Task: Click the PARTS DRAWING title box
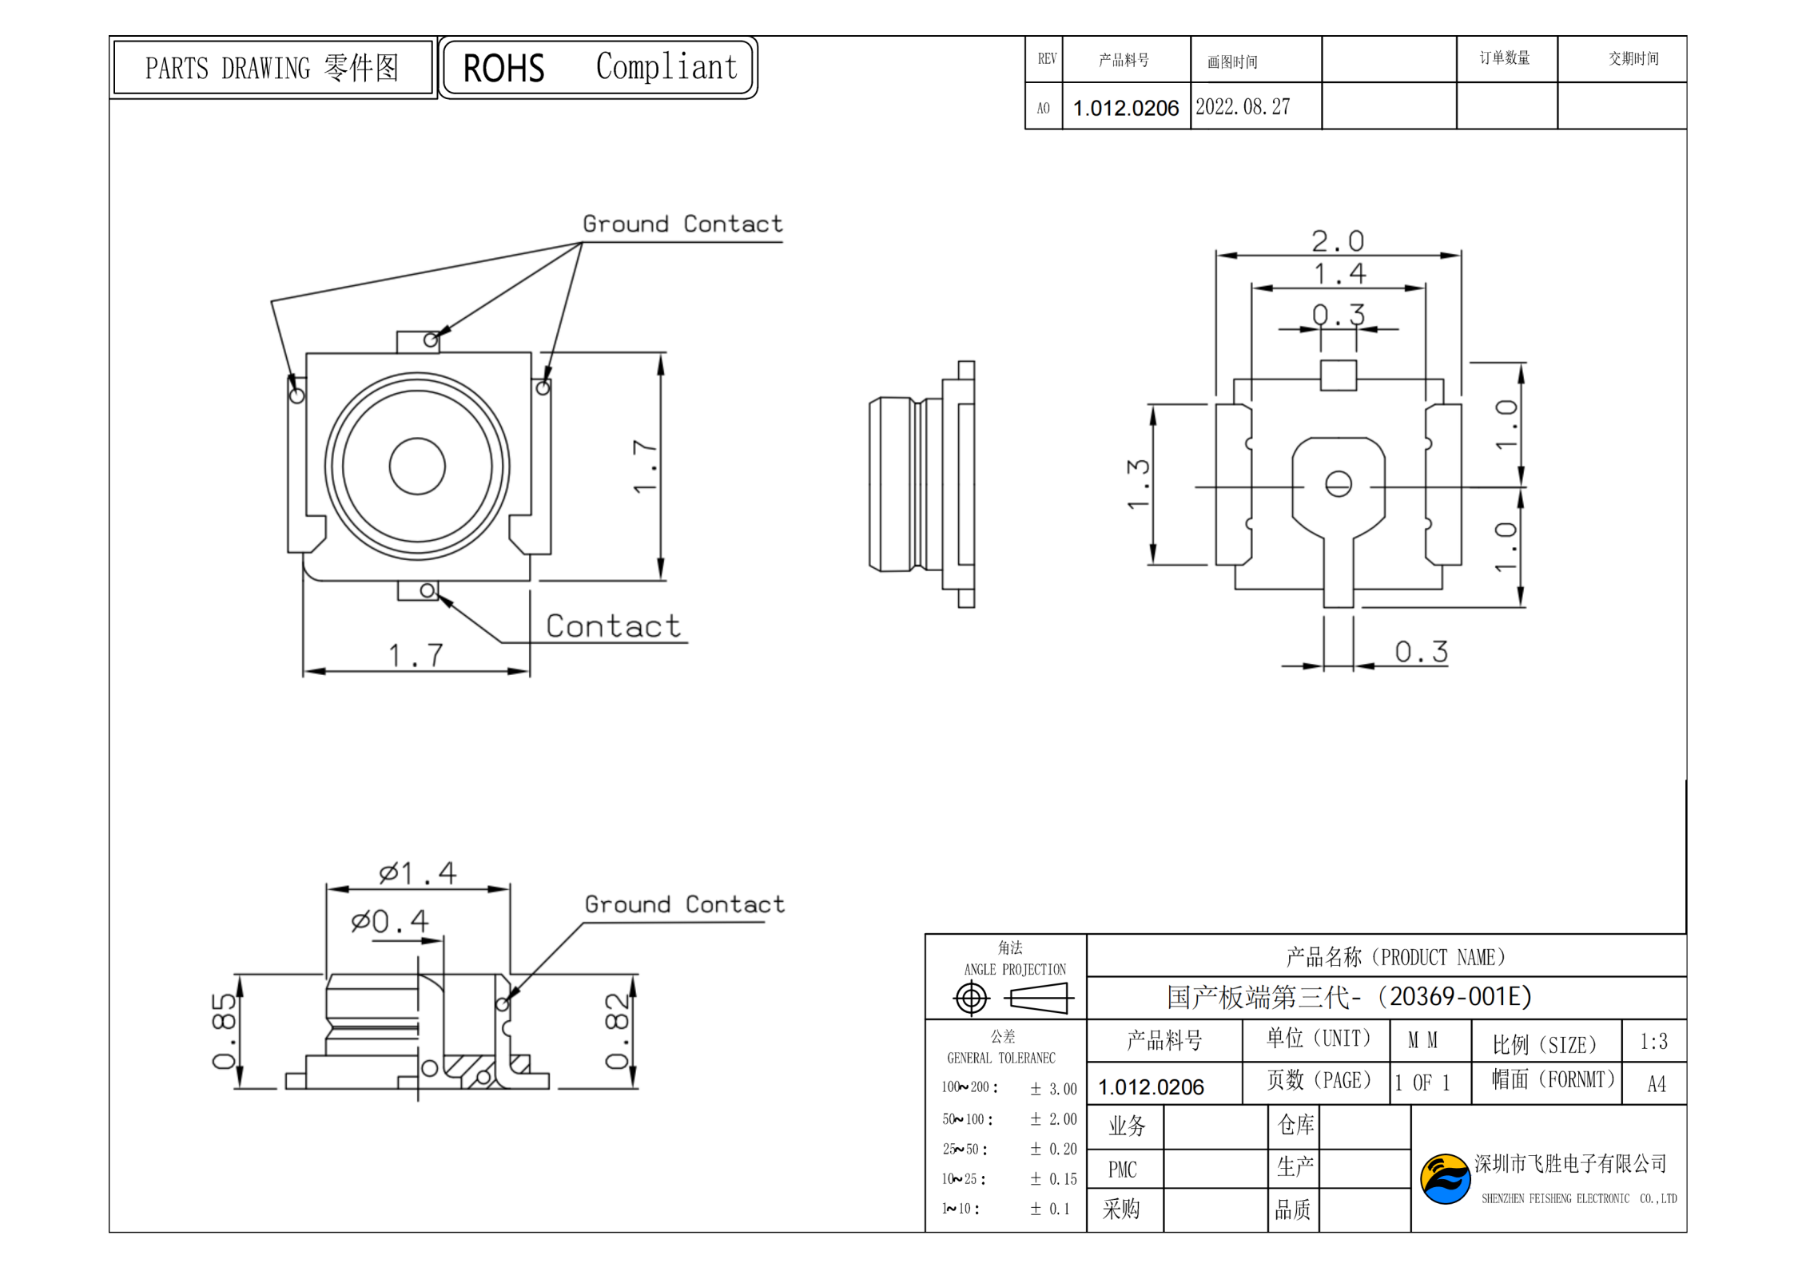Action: [x=272, y=68]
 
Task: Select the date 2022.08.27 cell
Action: [x=1243, y=106]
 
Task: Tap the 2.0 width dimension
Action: [x=1337, y=240]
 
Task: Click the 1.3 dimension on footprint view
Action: [x=1138, y=483]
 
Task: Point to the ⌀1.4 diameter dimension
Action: [x=417, y=872]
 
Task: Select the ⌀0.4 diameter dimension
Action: [x=390, y=921]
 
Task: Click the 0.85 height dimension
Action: [x=223, y=1031]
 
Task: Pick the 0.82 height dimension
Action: [x=616, y=1031]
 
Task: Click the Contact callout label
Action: [x=613, y=626]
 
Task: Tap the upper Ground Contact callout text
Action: [x=682, y=224]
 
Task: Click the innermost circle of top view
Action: [x=417, y=466]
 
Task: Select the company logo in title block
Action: [x=1444, y=1178]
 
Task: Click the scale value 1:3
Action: [x=1653, y=1041]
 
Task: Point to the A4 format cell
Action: [x=1656, y=1083]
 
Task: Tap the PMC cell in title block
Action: [x=1122, y=1170]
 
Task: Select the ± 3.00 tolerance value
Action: [x=1053, y=1088]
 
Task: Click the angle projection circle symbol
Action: [x=971, y=998]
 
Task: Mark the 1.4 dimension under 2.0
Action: [x=1339, y=274]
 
